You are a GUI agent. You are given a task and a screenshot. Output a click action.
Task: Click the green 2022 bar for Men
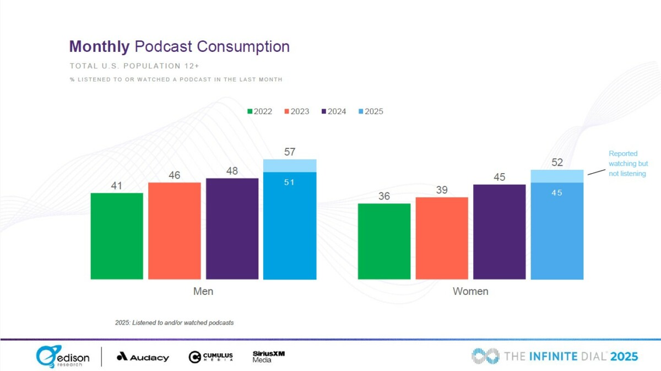pos(117,236)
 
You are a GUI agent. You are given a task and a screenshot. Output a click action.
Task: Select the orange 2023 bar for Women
pos(442,238)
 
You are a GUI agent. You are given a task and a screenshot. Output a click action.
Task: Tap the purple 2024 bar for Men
pos(232,229)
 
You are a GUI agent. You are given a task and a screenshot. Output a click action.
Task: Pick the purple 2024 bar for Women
pos(499,232)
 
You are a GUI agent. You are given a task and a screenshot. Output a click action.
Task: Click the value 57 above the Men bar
pos(290,152)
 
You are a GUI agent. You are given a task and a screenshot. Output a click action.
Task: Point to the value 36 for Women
pos(384,196)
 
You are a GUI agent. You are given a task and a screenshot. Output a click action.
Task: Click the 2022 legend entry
pos(259,111)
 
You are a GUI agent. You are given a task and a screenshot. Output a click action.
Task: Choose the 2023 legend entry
pos(296,111)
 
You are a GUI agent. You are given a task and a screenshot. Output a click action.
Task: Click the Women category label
pos(470,291)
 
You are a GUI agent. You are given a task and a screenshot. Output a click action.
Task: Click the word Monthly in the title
pos(100,46)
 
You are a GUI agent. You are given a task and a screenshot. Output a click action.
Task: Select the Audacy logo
pos(143,357)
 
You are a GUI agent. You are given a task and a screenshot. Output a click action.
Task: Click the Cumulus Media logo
pos(210,357)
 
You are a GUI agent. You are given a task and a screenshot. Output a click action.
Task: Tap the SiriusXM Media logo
pos(268,357)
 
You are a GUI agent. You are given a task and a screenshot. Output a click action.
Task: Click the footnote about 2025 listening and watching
pos(174,322)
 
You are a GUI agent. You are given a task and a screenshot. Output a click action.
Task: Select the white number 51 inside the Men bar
pos(290,182)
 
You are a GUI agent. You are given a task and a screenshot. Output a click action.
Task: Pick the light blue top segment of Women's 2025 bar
pos(557,176)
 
